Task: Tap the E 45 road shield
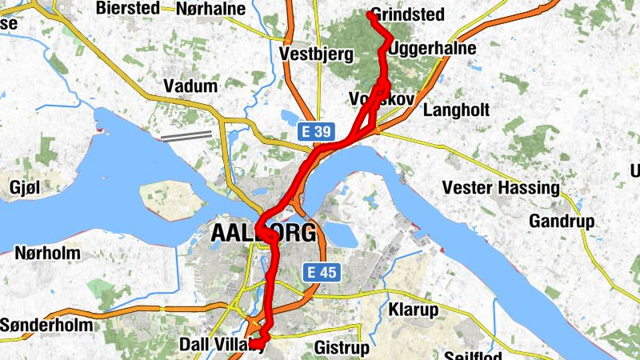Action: tap(323, 273)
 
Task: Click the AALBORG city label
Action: tap(263, 234)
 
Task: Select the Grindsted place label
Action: tap(406, 14)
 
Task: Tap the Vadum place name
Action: tap(190, 86)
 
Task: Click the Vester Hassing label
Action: tap(502, 188)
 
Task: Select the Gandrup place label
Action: tap(558, 219)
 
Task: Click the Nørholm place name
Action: tap(47, 254)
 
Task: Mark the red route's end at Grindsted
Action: tap(370, 14)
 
